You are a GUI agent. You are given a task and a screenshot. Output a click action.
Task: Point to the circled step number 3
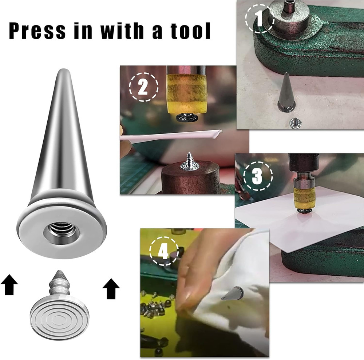point(258,176)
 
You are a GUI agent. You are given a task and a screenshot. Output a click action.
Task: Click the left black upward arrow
point(10,285)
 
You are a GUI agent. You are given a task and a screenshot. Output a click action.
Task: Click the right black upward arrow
point(111,288)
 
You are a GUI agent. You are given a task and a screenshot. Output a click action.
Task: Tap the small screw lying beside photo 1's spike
point(294,123)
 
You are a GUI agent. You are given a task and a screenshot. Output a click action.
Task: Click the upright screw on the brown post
point(190,162)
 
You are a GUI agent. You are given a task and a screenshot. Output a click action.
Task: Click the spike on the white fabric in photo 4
point(233,293)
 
